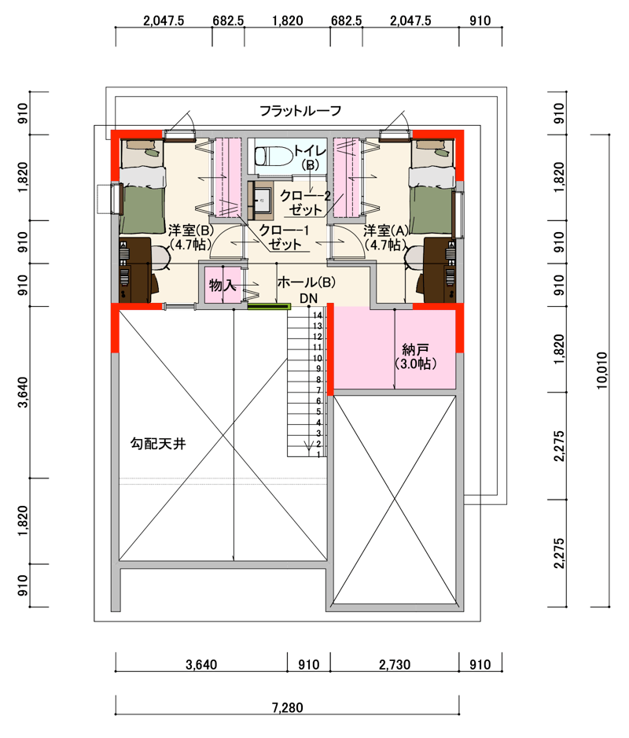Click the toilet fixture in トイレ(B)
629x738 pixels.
point(274,156)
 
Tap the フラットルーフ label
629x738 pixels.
point(300,111)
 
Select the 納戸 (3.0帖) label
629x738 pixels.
point(415,356)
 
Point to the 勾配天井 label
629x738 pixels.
point(158,444)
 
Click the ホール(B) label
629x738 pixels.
point(307,282)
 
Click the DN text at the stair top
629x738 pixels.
point(309,298)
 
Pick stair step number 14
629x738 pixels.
point(318,315)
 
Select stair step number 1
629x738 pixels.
point(319,455)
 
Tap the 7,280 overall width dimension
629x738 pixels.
point(287,707)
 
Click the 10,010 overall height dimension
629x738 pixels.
point(601,371)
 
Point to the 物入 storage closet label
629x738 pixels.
point(222,285)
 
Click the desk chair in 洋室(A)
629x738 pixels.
point(415,258)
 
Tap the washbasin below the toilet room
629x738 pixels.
point(260,201)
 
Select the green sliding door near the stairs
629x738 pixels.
point(269,307)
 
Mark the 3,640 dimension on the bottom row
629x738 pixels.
point(201,665)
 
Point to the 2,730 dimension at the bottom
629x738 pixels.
point(394,665)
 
